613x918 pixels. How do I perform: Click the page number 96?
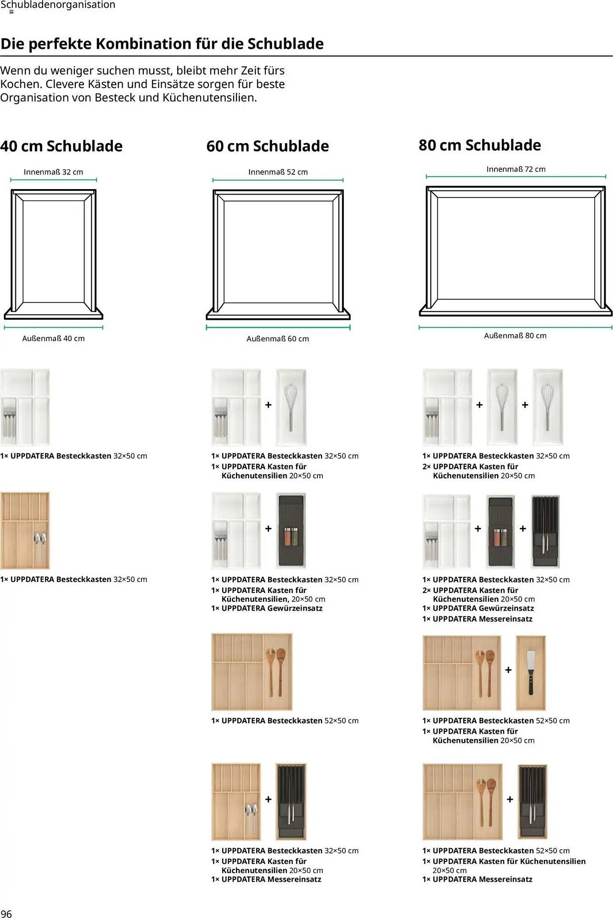6,913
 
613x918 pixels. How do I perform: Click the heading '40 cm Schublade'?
62,146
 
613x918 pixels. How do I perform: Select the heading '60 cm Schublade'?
268,146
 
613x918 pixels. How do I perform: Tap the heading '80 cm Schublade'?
480,145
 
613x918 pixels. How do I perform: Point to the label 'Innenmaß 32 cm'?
53,172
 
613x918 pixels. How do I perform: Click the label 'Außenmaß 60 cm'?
278,339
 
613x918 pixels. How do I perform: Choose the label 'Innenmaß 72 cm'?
516,169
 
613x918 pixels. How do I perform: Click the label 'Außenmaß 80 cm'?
515,336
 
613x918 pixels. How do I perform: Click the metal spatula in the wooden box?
530,672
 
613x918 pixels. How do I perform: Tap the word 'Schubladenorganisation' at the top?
58,5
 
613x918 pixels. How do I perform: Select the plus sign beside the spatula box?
508,670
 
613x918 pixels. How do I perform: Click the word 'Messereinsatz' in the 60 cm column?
294,879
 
